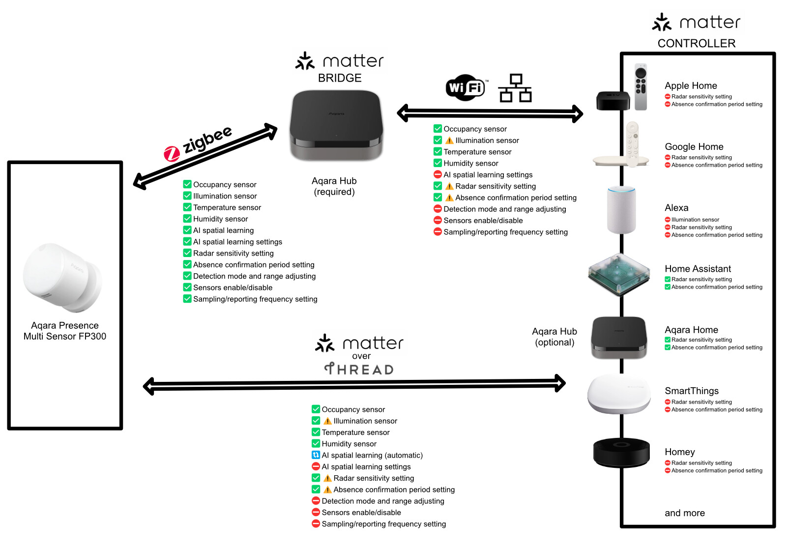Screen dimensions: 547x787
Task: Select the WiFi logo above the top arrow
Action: coord(466,87)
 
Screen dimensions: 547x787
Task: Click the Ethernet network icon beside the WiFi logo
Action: coord(515,88)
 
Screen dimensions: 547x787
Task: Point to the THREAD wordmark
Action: coord(359,369)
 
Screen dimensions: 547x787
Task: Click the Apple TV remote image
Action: coord(641,87)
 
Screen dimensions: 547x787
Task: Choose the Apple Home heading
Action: coord(691,86)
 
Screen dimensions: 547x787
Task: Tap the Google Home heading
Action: coord(694,146)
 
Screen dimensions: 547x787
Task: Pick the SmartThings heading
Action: coord(691,391)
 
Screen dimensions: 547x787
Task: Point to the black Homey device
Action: coord(621,452)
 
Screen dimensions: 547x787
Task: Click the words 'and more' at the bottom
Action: coord(684,513)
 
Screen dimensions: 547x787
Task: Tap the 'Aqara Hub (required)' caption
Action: coord(334,186)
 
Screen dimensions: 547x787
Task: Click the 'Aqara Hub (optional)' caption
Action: coord(554,337)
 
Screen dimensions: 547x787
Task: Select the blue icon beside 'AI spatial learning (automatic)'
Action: coord(316,455)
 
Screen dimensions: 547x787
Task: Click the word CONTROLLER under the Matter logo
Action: coord(696,43)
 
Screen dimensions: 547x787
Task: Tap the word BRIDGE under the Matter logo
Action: coord(340,78)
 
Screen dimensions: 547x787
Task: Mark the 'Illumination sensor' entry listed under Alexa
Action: coord(695,220)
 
